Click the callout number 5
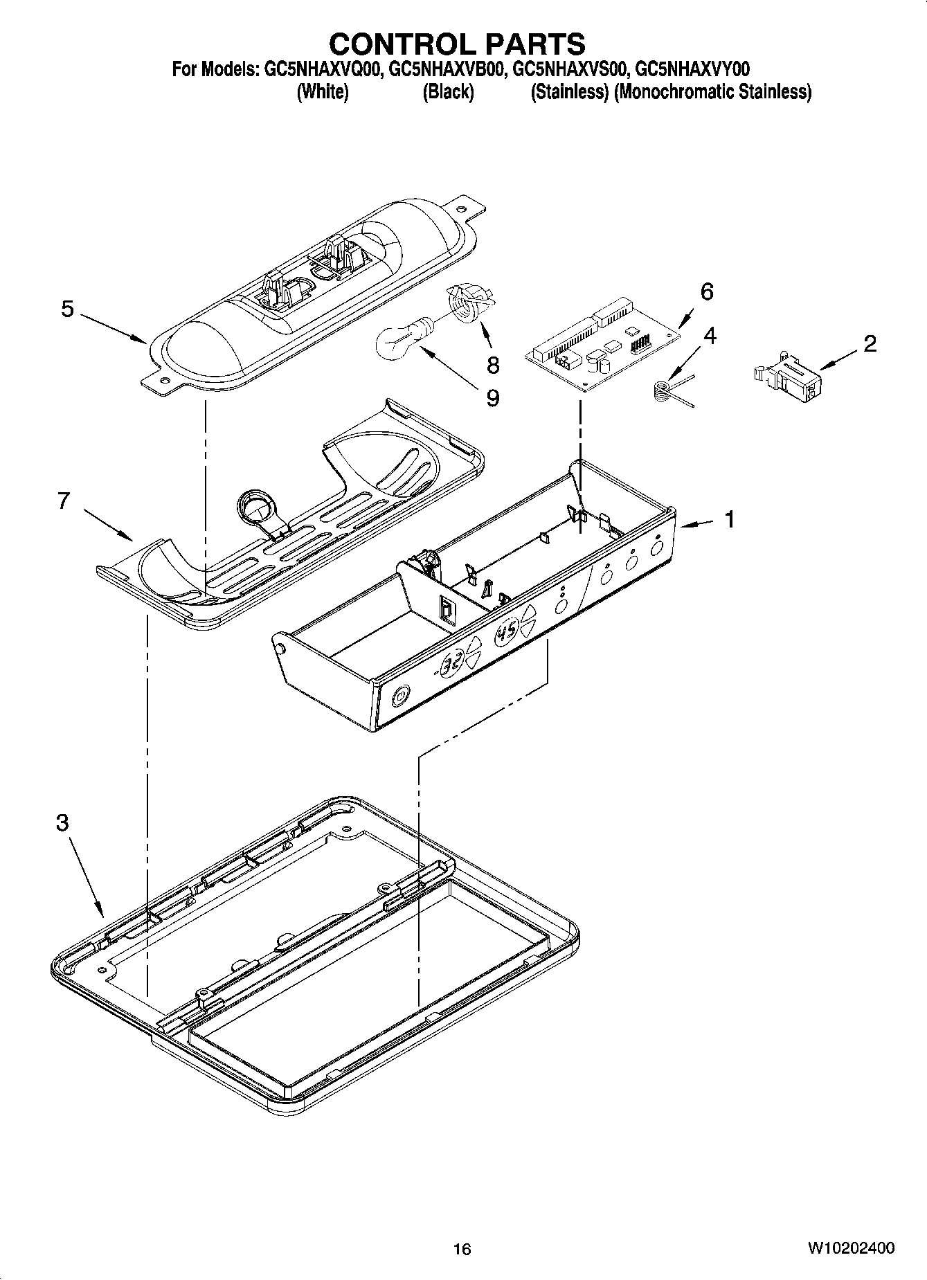point(67,309)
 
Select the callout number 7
point(64,500)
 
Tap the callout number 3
point(62,823)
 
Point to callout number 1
point(729,519)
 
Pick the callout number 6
point(706,291)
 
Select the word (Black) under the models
point(448,91)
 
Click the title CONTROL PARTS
point(457,44)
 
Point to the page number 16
point(462,1249)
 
